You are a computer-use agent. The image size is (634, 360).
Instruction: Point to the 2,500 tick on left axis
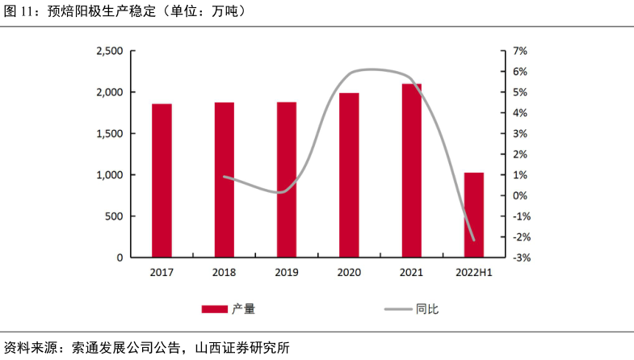coord(109,51)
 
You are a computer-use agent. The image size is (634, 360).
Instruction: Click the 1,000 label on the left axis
coord(109,175)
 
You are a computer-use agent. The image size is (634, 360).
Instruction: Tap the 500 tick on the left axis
coord(114,216)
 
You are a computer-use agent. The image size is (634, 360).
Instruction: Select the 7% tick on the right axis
coord(519,51)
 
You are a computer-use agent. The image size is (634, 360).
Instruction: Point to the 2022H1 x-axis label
coord(474,273)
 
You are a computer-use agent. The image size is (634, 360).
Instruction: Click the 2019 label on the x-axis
coord(287,273)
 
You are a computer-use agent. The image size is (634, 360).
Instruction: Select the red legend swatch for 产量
coord(214,308)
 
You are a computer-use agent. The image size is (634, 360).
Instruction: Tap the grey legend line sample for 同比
coord(397,308)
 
